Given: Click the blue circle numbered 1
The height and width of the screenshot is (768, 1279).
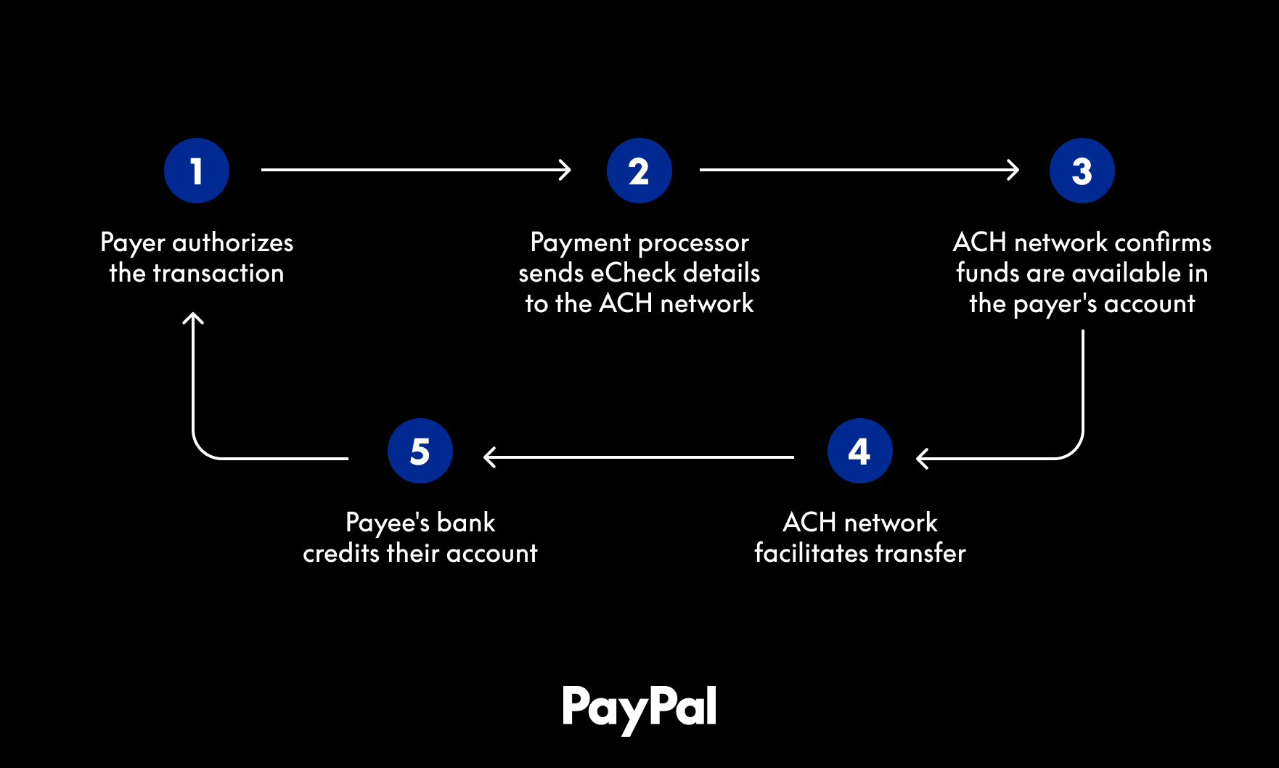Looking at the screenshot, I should pos(197,171).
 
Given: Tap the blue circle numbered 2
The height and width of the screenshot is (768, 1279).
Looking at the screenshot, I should pos(639,171).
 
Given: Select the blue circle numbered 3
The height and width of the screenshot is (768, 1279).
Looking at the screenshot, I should pos(1082,171).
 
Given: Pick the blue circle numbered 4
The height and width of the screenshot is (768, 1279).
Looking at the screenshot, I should pos(859,451).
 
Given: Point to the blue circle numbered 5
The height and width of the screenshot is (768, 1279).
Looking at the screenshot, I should pos(420,451).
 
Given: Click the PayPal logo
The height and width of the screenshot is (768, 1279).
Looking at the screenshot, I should pos(639,708).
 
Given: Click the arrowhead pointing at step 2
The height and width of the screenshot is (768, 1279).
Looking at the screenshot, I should pos(565,170).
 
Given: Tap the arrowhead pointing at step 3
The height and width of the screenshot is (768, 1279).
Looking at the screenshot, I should pos(1013,170).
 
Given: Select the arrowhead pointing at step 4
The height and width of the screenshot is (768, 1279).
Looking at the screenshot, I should pos(922,458).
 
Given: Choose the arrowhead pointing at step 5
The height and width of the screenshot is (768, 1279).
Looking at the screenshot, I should pos(489,457).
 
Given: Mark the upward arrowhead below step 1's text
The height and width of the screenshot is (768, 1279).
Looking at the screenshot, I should pos(193,318).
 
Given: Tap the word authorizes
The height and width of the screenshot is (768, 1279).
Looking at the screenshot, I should pos(232,242).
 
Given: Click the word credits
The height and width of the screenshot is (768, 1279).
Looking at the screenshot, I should pos(341,553).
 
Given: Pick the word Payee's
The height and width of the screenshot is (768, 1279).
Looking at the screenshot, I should pos(388,523).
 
